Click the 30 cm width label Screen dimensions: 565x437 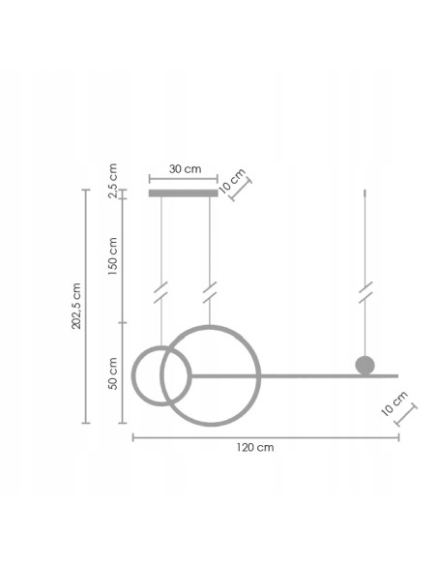185,168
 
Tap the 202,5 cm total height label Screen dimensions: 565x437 76,307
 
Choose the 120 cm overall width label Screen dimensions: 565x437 254,448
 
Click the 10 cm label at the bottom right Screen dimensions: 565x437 394,403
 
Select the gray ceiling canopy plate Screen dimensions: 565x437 183,193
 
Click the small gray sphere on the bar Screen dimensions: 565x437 364,365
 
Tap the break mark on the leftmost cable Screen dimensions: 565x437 160,291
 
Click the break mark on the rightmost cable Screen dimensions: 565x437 365,291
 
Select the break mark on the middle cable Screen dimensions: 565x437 209,291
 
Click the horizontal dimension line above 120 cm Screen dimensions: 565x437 265,437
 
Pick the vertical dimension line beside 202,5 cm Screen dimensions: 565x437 87,307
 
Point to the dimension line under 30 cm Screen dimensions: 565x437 183,179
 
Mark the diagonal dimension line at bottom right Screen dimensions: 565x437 405,417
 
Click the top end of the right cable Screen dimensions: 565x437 365,193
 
